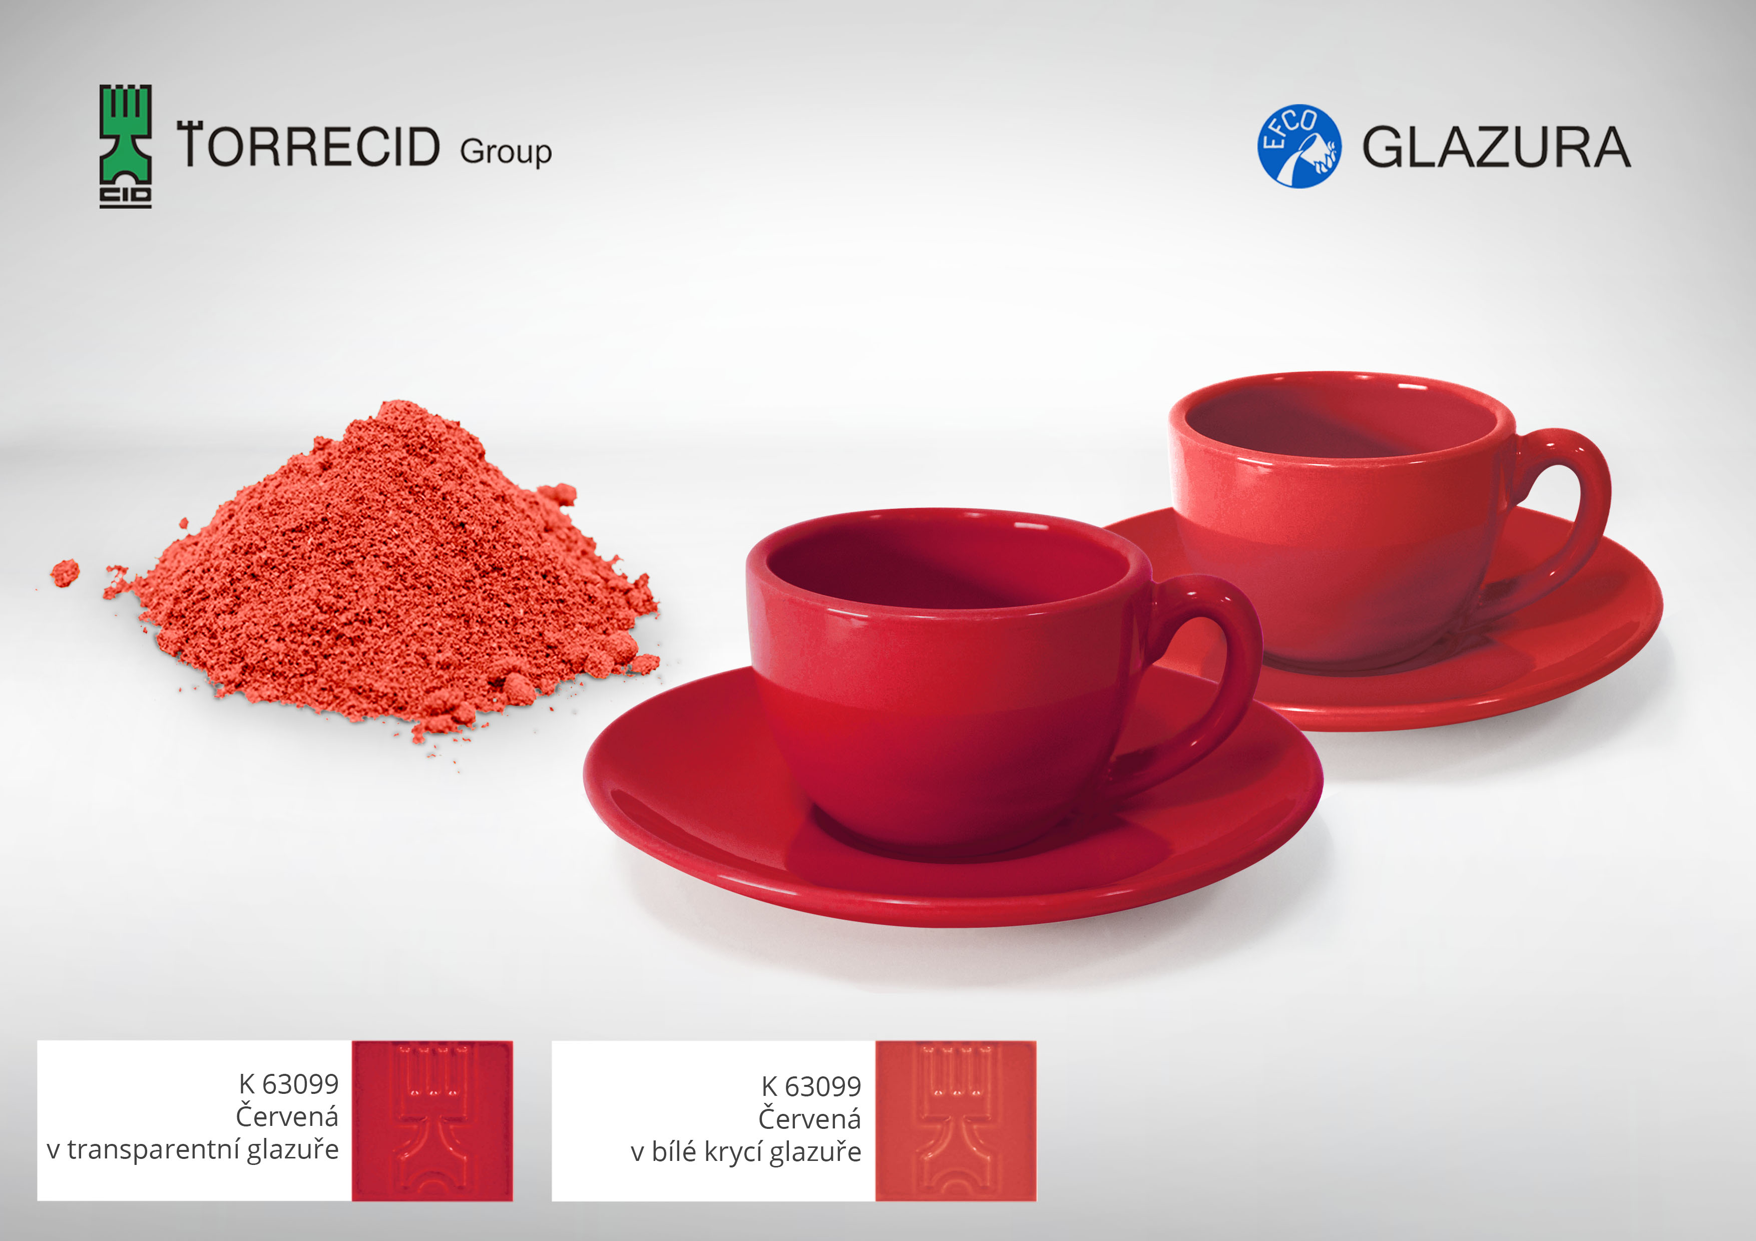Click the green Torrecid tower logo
pyautogui.click(x=126, y=146)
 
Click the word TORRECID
pyautogui.click(x=309, y=145)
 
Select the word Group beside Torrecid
pyautogui.click(x=506, y=152)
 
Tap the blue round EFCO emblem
pyautogui.click(x=1298, y=146)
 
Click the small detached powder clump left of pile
pyautogui.click(x=65, y=572)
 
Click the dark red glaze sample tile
pyautogui.click(x=432, y=1120)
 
